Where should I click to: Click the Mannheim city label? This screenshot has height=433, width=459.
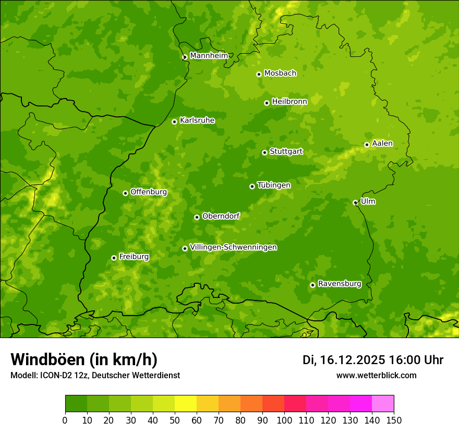[x=209, y=56]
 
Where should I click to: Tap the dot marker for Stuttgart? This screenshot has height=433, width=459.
[x=264, y=152]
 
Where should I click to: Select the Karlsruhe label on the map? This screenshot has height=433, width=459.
[x=197, y=121]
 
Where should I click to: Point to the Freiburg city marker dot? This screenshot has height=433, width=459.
[x=114, y=258]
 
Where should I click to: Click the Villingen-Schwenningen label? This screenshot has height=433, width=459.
[x=234, y=247]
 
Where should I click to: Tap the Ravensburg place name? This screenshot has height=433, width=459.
[x=340, y=284]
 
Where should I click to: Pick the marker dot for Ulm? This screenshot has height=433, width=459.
[x=355, y=202]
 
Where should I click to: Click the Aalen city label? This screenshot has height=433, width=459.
[x=382, y=143]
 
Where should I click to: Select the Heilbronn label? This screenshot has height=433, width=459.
[x=289, y=102]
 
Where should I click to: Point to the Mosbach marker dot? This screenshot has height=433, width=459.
[x=259, y=74]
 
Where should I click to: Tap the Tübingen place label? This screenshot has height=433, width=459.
[x=274, y=185]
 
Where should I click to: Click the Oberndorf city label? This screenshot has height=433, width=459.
[x=221, y=216]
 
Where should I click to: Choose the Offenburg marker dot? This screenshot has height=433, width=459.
[x=125, y=193]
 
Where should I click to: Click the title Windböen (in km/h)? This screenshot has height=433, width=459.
[x=84, y=359]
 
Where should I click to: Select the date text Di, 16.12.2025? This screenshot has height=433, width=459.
[x=344, y=360]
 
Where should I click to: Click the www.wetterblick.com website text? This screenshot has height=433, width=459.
[x=376, y=375]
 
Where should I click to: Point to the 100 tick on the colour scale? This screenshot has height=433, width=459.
[x=284, y=420]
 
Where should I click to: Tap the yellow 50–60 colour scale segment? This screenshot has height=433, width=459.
[x=186, y=404]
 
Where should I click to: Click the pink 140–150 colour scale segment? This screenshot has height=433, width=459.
[x=383, y=404]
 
